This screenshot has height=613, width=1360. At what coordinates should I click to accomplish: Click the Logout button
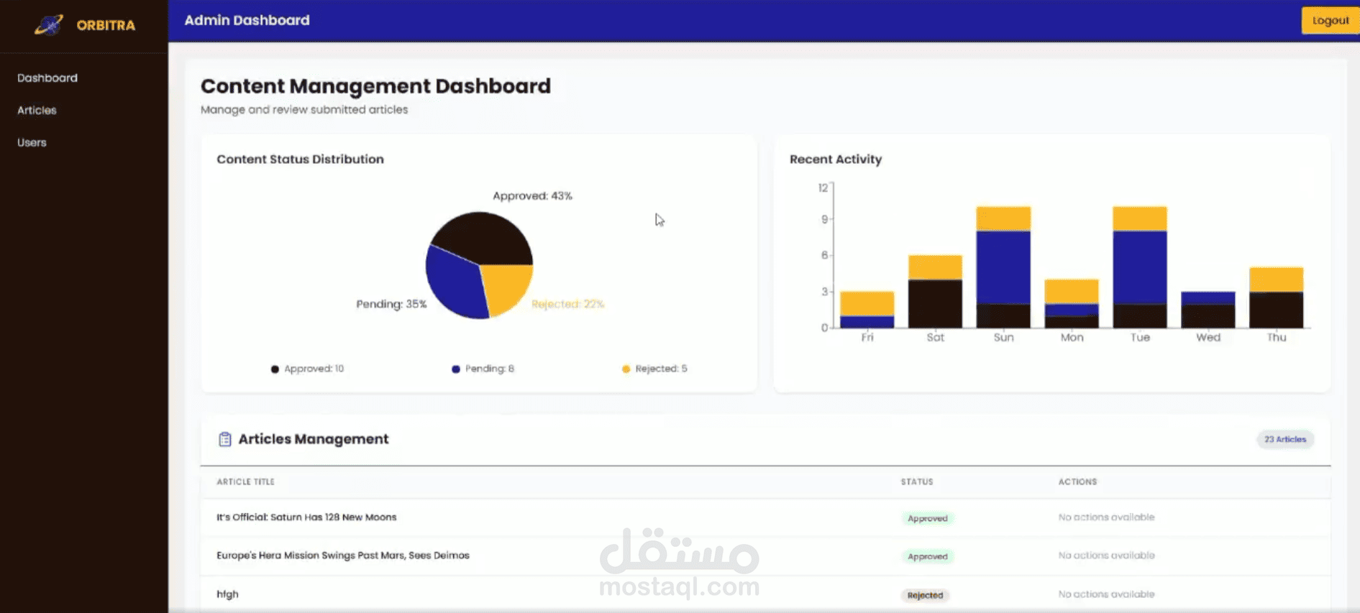[1331, 20]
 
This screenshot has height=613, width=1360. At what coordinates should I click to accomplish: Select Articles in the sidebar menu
[37, 110]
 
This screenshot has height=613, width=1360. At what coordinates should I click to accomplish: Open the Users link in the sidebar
[32, 142]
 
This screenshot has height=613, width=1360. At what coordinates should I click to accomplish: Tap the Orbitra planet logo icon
[49, 25]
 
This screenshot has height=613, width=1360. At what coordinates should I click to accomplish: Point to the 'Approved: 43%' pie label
[532, 195]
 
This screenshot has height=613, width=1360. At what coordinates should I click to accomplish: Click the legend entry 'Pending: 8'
[483, 369]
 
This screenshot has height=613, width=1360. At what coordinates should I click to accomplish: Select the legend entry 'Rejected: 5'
[654, 369]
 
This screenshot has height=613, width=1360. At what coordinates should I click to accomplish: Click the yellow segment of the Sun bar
[1003, 219]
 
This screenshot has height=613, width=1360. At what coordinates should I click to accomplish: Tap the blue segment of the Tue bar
[1140, 267]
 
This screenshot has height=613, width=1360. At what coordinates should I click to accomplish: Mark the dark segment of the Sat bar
[935, 304]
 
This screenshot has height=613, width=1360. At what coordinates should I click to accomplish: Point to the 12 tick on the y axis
[823, 188]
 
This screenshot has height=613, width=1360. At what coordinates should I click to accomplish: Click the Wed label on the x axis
[1208, 337]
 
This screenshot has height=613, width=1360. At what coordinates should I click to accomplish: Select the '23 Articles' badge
[1285, 439]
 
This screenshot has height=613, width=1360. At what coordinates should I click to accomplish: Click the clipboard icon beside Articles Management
[225, 439]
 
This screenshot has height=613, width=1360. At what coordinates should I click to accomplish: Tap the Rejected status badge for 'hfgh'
[925, 595]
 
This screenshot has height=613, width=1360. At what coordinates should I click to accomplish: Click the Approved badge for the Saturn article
[928, 518]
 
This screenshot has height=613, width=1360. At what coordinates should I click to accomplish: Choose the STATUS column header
[917, 481]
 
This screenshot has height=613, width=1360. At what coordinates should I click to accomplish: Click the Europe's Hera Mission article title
[343, 556]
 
